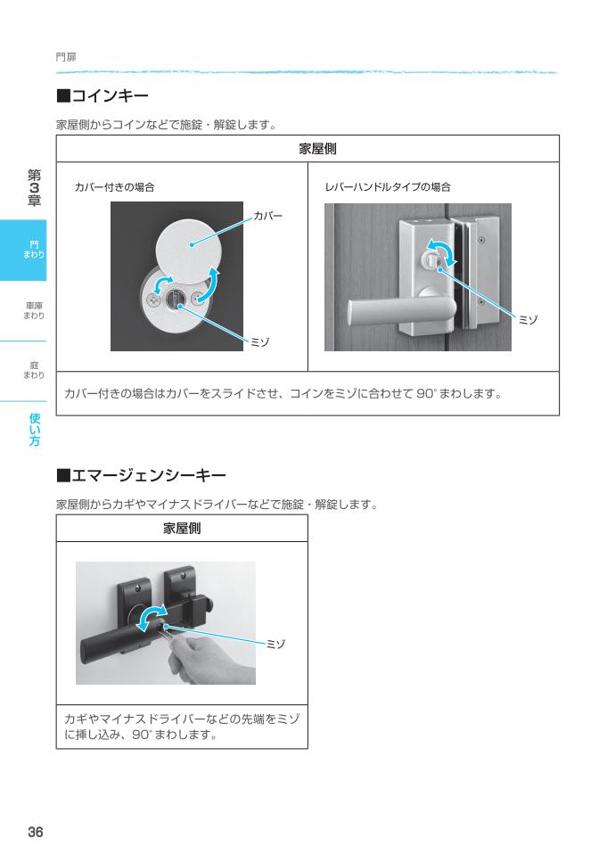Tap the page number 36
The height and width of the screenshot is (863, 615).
click(35, 832)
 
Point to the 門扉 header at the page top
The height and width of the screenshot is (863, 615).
click(66, 56)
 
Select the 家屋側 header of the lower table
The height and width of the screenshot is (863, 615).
click(182, 528)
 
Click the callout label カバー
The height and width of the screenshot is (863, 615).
click(268, 216)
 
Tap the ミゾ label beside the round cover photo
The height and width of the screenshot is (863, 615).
click(259, 342)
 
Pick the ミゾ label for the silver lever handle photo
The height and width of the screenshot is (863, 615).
click(529, 318)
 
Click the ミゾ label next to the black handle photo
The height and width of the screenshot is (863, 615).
click(276, 643)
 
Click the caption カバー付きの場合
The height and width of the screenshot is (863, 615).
click(115, 187)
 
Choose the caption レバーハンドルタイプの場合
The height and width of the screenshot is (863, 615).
click(388, 187)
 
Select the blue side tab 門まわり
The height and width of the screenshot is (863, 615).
click(34, 251)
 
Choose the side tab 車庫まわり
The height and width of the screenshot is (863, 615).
click(34, 310)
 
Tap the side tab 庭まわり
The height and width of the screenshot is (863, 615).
click(34, 368)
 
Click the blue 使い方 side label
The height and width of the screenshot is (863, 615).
click(34, 429)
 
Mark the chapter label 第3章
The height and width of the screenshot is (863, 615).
click(34, 188)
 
